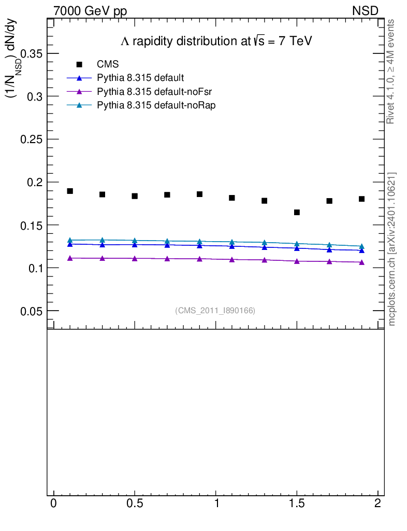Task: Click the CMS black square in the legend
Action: (79, 64)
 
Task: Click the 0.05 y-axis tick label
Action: (31, 311)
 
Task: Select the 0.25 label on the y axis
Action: (31, 139)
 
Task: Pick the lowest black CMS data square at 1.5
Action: (297, 212)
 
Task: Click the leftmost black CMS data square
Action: (70, 191)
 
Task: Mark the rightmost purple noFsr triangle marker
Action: (361, 262)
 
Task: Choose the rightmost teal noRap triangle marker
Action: (361, 246)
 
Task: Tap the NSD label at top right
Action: (366, 10)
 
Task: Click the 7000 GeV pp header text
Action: (90, 10)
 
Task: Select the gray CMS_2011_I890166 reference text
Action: (215, 311)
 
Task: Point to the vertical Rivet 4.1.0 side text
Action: (391, 72)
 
